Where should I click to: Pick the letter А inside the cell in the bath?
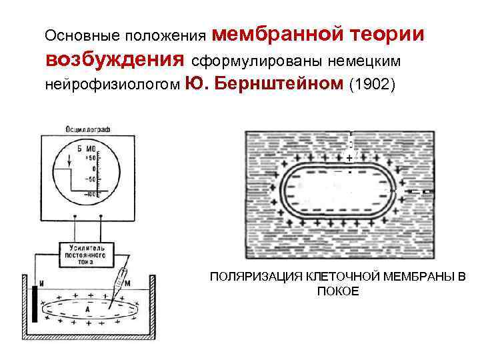[87, 310]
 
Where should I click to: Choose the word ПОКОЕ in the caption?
[339, 292]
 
